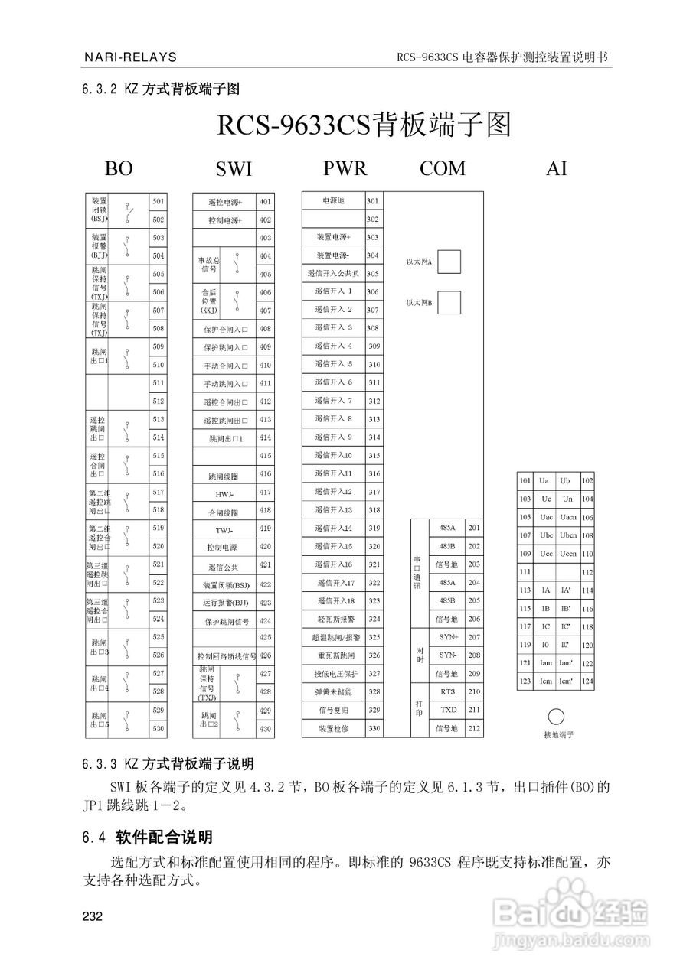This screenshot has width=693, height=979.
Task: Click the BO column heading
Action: coord(119,169)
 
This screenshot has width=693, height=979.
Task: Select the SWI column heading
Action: coord(233,169)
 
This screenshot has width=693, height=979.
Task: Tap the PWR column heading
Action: coord(345,168)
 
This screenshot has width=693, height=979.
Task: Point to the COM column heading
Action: coord(442,168)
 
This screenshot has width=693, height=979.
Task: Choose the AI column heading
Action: coord(557,168)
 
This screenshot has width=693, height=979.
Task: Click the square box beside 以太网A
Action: coord(449,262)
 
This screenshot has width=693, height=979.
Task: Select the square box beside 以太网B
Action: coord(449,302)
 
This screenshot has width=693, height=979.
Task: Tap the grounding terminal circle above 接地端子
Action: coord(557,717)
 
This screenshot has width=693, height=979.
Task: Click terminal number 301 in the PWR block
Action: coord(373,201)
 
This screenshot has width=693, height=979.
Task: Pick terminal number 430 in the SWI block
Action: coord(265,729)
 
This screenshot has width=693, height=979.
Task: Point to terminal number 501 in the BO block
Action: coord(159,201)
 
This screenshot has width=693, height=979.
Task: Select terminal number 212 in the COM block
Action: coord(474,729)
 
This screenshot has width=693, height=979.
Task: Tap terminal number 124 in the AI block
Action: coord(587,681)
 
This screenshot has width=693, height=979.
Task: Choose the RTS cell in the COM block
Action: coord(447,692)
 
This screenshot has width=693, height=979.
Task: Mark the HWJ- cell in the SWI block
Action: coord(224,493)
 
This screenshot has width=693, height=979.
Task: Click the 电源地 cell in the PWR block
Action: coord(334,201)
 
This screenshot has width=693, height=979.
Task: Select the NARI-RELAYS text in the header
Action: coord(130,57)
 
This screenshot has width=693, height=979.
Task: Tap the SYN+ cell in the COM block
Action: coord(447,637)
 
